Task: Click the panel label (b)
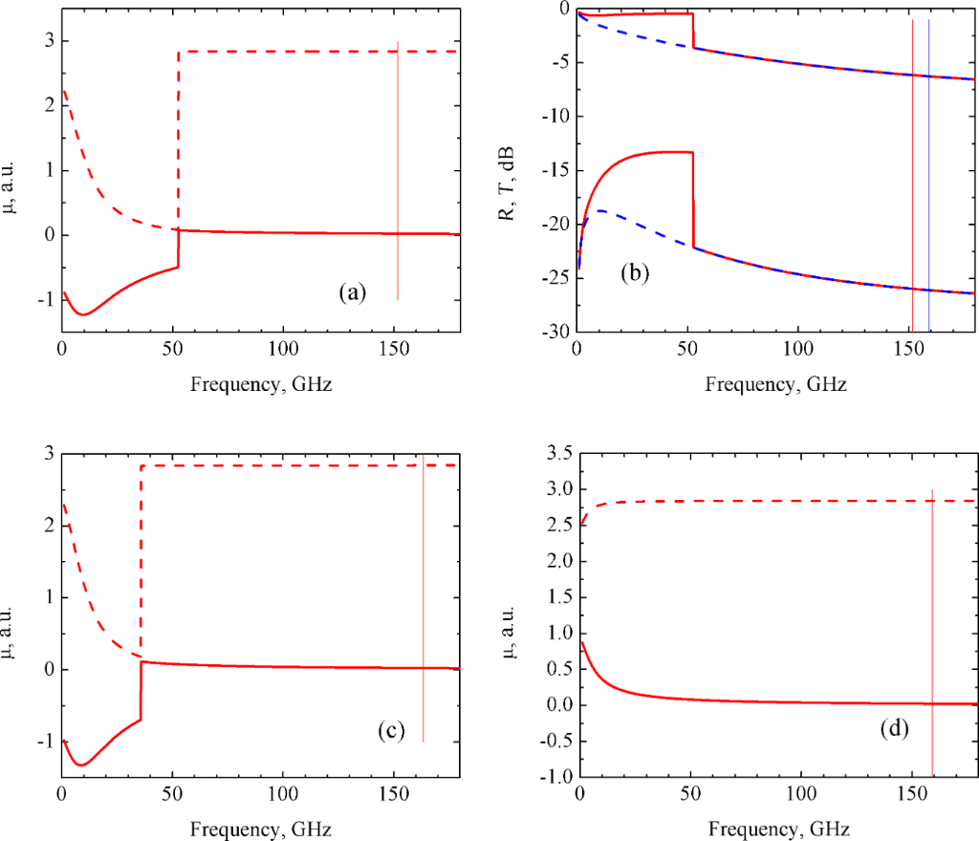[635, 273]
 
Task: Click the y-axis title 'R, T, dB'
[507, 168]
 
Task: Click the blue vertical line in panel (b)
[928, 172]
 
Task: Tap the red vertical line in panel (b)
[913, 172]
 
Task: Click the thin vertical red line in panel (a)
[398, 172]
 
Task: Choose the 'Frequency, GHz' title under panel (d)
[777, 827]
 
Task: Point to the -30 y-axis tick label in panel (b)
[553, 333]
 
